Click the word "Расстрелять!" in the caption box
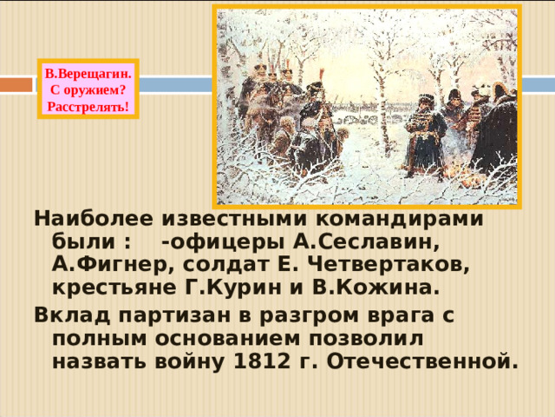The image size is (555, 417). [88, 107]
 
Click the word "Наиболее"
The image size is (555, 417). [88, 220]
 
